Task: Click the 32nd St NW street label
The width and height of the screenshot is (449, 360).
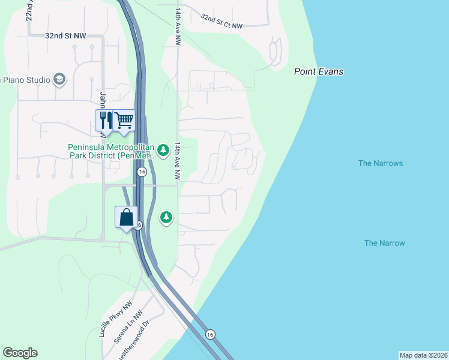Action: (65, 35)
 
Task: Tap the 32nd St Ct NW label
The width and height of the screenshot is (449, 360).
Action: (221, 22)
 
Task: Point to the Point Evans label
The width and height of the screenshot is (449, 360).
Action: (319, 71)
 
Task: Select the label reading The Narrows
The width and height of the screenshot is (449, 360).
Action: (380, 163)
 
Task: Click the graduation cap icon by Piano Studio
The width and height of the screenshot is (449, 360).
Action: (59, 79)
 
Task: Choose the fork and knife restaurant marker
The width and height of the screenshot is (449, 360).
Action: (104, 120)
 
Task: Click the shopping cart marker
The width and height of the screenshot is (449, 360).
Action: (124, 120)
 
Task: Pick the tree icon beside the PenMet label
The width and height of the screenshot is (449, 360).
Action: (163, 150)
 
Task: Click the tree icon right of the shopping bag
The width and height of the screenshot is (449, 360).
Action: (166, 217)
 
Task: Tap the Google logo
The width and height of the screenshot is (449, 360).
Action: (20, 353)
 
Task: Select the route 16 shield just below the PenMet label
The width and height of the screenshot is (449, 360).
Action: (142, 172)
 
